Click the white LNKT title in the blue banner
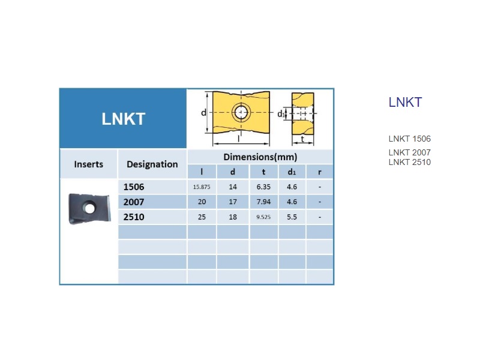click(x=124, y=119)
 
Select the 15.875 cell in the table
click(x=202, y=187)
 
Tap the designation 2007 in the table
click(x=134, y=202)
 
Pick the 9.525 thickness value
click(x=263, y=217)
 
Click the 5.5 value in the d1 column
click(x=292, y=217)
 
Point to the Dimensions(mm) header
click(x=260, y=157)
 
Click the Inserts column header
click(x=88, y=164)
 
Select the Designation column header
click(x=152, y=164)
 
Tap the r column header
click(x=320, y=172)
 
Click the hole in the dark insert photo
click(x=89, y=208)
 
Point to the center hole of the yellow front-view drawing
click(x=241, y=112)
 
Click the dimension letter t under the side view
click(x=302, y=139)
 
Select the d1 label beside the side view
click(x=281, y=114)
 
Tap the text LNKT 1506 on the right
click(x=410, y=139)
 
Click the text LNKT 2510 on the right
click(x=410, y=162)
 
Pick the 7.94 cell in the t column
click(x=263, y=202)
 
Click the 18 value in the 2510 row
click(x=233, y=217)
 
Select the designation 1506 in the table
click(x=134, y=187)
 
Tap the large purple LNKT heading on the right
click(x=406, y=102)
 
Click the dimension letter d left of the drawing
click(x=203, y=113)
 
